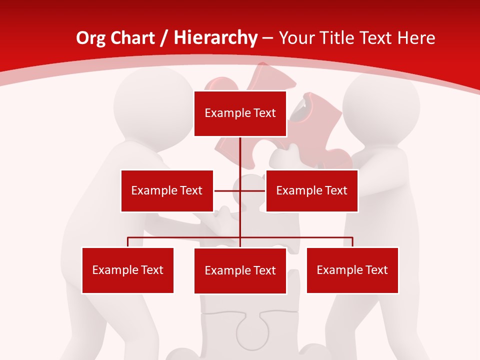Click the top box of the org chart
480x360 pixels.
240,113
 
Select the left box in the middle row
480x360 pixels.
167,190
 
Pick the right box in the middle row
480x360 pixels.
311,190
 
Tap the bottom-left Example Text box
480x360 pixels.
127,270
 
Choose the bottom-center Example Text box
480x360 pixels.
240,270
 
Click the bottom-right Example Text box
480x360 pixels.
352,270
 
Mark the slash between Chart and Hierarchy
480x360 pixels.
163,38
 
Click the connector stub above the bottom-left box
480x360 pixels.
128,242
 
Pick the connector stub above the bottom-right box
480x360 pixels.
352,242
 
